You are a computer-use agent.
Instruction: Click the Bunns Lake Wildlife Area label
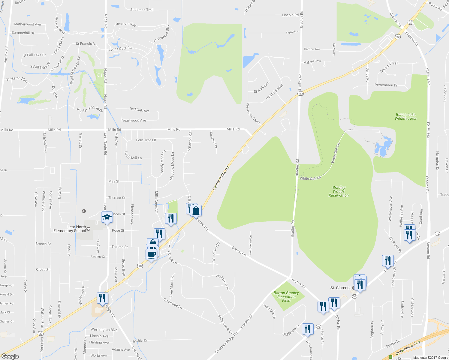click(x=405, y=117)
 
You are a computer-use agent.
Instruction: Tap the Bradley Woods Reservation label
click(x=339, y=191)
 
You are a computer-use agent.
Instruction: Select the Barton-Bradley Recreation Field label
click(x=286, y=297)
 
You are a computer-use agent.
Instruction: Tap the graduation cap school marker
click(x=107, y=217)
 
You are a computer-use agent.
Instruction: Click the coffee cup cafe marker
click(x=152, y=254)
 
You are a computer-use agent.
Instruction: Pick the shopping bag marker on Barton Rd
click(x=196, y=211)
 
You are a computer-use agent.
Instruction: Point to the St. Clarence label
click(x=341, y=288)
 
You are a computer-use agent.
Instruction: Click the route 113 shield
click(x=300, y=94)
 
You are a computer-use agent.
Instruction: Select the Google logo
click(x=10, y=356)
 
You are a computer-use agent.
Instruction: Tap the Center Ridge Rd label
click(x=221, y=178)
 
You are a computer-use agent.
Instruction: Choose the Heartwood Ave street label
click(x=134, y=121)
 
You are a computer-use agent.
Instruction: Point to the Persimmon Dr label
click(x=386, y=85)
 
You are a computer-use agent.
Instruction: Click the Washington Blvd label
click(x=104, y=330)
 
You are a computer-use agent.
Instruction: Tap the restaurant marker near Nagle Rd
click(x=102, y=298)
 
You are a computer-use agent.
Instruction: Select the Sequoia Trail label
click(x=389, y=67)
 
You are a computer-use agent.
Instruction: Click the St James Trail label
click(x=142, y=10)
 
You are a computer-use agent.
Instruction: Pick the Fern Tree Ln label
click(x=146, y=140)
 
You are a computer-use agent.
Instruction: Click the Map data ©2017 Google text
click(x=430, y=358)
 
